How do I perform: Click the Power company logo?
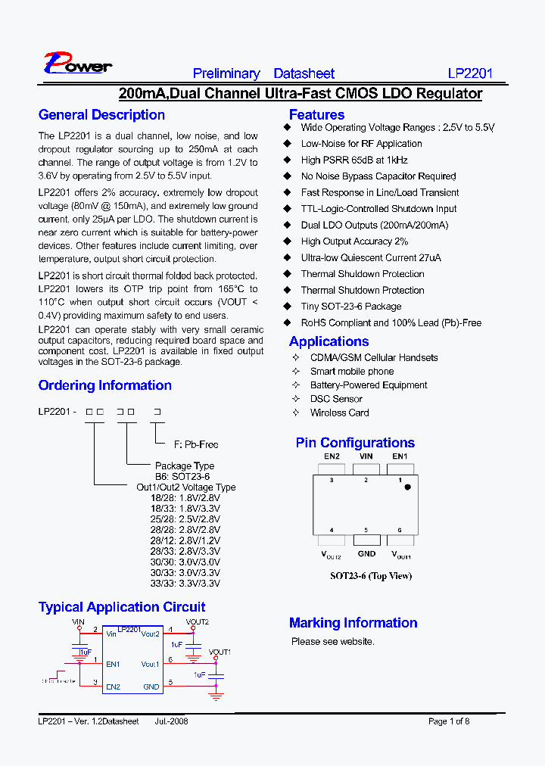[x=77, y=64]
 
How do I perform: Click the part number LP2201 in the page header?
[x=470, y=73]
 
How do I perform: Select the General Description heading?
[x=101, y=115]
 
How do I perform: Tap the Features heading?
[x=316, y=115]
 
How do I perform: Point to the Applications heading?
[x=329, y=341]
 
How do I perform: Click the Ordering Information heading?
[x=104, y=385]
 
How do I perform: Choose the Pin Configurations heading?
[x=355, y=443]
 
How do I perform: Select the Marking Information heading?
[x=353, y=623]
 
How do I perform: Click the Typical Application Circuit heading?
[x=121, y=607]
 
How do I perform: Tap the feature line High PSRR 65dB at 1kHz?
[x=353, y=160]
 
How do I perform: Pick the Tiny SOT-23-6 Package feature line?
[x=350, y=307]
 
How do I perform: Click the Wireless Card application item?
[x=339, y=413]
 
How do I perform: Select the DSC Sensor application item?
[x=336, y=399]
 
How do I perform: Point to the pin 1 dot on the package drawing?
[x=407, y=487]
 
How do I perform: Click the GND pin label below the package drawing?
[x=366, y=553]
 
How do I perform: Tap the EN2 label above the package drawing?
[x=332, y=456]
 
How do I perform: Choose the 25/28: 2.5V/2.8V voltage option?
[x=185, y=520]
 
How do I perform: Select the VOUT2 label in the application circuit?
[x=197, y=621]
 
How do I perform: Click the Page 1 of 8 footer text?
[x=449, y=721]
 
